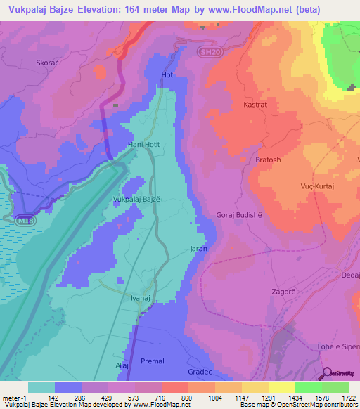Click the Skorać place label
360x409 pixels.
click(x=47, y=63)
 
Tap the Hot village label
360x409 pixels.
click(x=167, y=74)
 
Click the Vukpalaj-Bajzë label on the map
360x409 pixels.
click(x=136, y=200)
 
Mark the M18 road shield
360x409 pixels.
click(x=25, y=219)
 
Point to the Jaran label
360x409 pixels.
click(x=198, y=249)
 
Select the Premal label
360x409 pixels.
click(x=152, y=361)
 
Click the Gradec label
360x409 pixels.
click(x=200, y=371)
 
